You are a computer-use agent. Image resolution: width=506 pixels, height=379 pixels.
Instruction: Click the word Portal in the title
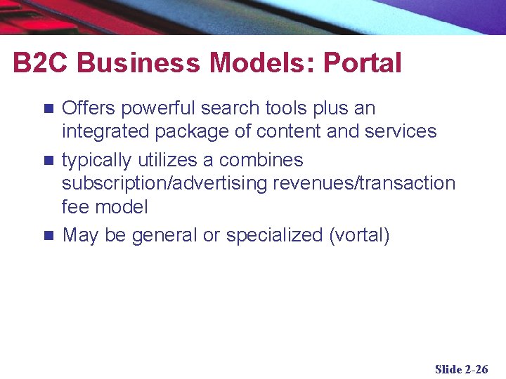pos(362,63)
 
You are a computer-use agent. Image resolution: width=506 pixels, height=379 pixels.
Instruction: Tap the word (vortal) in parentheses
pos(359,235)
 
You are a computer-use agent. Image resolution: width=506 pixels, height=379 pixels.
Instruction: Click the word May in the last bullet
pos(80,236)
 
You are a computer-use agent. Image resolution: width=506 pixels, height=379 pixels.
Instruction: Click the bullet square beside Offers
pos(48,109)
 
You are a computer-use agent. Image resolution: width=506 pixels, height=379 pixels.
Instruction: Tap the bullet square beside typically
pos(48,160)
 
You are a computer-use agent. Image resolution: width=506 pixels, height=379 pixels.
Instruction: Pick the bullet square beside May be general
pos(48,235)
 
